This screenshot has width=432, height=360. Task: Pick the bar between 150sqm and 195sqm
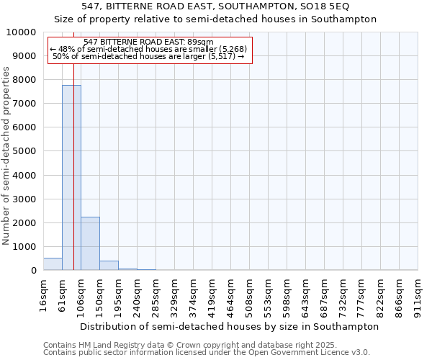(109, 266)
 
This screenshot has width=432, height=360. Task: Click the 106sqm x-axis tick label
(81, 292)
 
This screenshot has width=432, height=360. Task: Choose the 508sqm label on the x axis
(250, 292)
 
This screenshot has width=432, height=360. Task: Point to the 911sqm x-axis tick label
(418, 292)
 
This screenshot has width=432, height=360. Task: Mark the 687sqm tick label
(325, 292)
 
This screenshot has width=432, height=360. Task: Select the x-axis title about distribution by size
(229, 326)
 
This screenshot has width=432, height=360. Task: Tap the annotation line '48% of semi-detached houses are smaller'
(150, 49)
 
